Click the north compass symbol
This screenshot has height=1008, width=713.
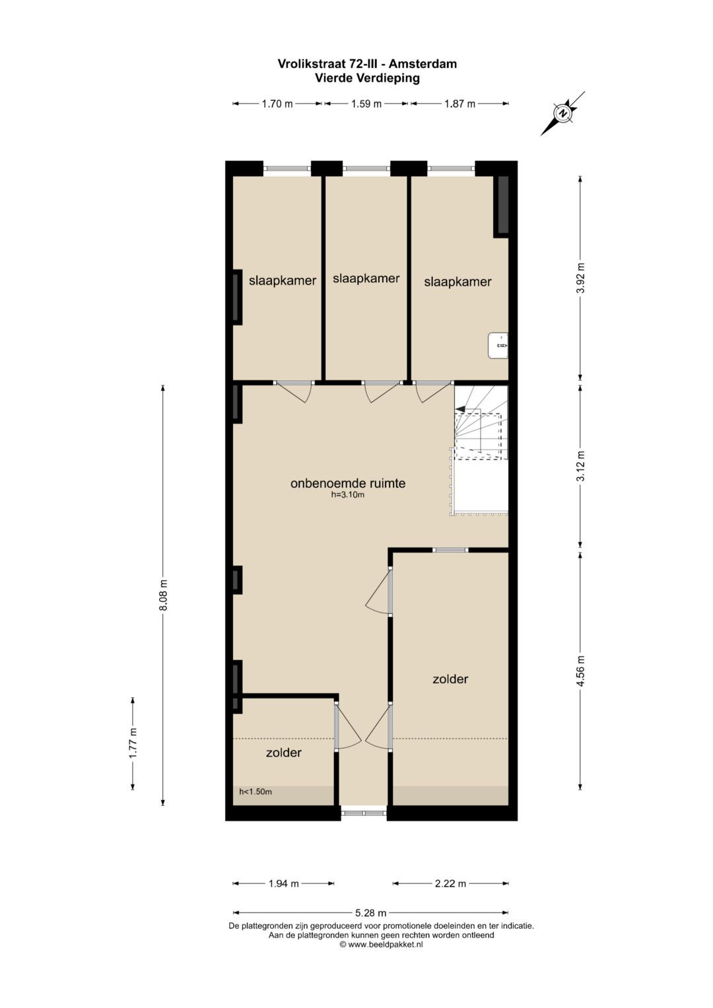562,114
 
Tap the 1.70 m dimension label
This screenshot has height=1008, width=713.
277,104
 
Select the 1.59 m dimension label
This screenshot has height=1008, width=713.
366,104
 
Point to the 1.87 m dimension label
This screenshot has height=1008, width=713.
459,104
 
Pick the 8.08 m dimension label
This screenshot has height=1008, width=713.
163,595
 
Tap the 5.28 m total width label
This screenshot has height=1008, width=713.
370,913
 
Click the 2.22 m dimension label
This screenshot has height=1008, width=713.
450,883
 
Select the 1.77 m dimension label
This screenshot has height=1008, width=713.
133,743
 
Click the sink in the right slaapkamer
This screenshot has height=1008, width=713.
498,345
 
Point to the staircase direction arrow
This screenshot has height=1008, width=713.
460,409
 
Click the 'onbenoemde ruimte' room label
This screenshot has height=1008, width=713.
348,483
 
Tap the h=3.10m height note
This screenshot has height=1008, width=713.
348,494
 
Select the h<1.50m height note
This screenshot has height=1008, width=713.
255,791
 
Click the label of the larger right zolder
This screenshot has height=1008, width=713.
450,679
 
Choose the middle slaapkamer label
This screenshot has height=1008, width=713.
366,279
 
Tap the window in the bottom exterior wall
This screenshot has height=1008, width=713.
364,813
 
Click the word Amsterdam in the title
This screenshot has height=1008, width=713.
423,64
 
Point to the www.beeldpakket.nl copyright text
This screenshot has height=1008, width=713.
381,944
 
